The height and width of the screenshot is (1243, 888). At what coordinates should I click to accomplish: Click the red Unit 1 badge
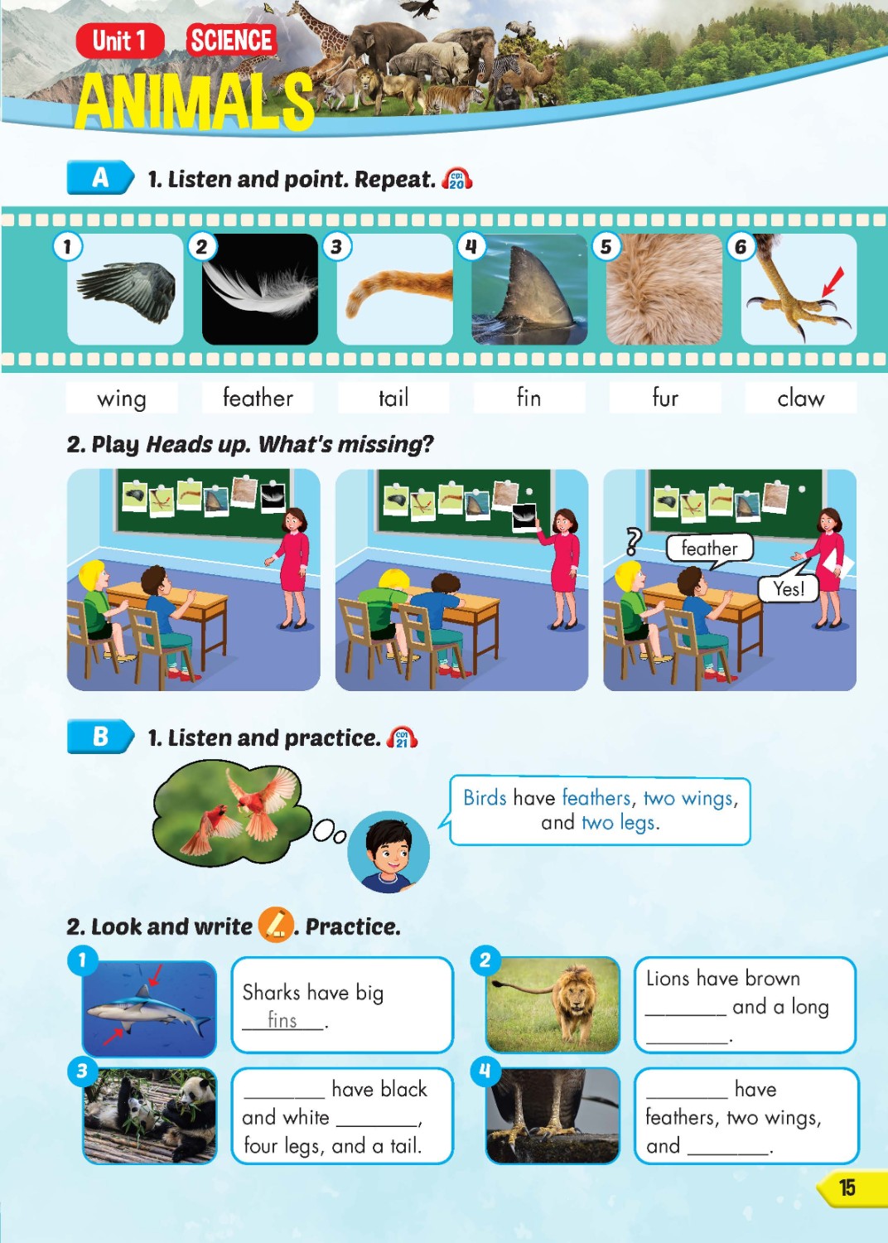click(119, 41)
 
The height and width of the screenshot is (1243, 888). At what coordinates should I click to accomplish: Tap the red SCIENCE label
click(231, 40)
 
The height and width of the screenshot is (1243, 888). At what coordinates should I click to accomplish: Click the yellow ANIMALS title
click(195, 102)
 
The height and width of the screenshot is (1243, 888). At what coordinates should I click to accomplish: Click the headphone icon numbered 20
click(457, 179)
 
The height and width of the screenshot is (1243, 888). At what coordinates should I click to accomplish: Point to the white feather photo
click(260, 289)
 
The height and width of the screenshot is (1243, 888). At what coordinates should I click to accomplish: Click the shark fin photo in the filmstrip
click(529, 289)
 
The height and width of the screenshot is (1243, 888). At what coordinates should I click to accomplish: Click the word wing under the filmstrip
click(122, 399)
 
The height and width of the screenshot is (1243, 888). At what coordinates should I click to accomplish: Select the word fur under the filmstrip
click(664, 399)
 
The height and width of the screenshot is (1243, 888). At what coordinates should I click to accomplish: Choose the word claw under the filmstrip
click(800, 399)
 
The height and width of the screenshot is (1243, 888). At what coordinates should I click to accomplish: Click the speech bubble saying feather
click(709, 548)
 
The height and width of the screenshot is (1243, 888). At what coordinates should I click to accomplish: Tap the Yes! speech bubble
click(789, 588)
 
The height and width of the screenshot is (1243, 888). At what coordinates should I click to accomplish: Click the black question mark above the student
click(633, 541)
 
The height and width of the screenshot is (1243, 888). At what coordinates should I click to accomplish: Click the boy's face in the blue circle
click(388, 851)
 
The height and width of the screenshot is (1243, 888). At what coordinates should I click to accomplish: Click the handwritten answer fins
click(282, 1020)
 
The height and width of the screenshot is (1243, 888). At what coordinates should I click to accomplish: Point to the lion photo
click(553, 1004)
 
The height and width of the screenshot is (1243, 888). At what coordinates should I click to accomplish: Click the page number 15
click(847, 1187)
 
